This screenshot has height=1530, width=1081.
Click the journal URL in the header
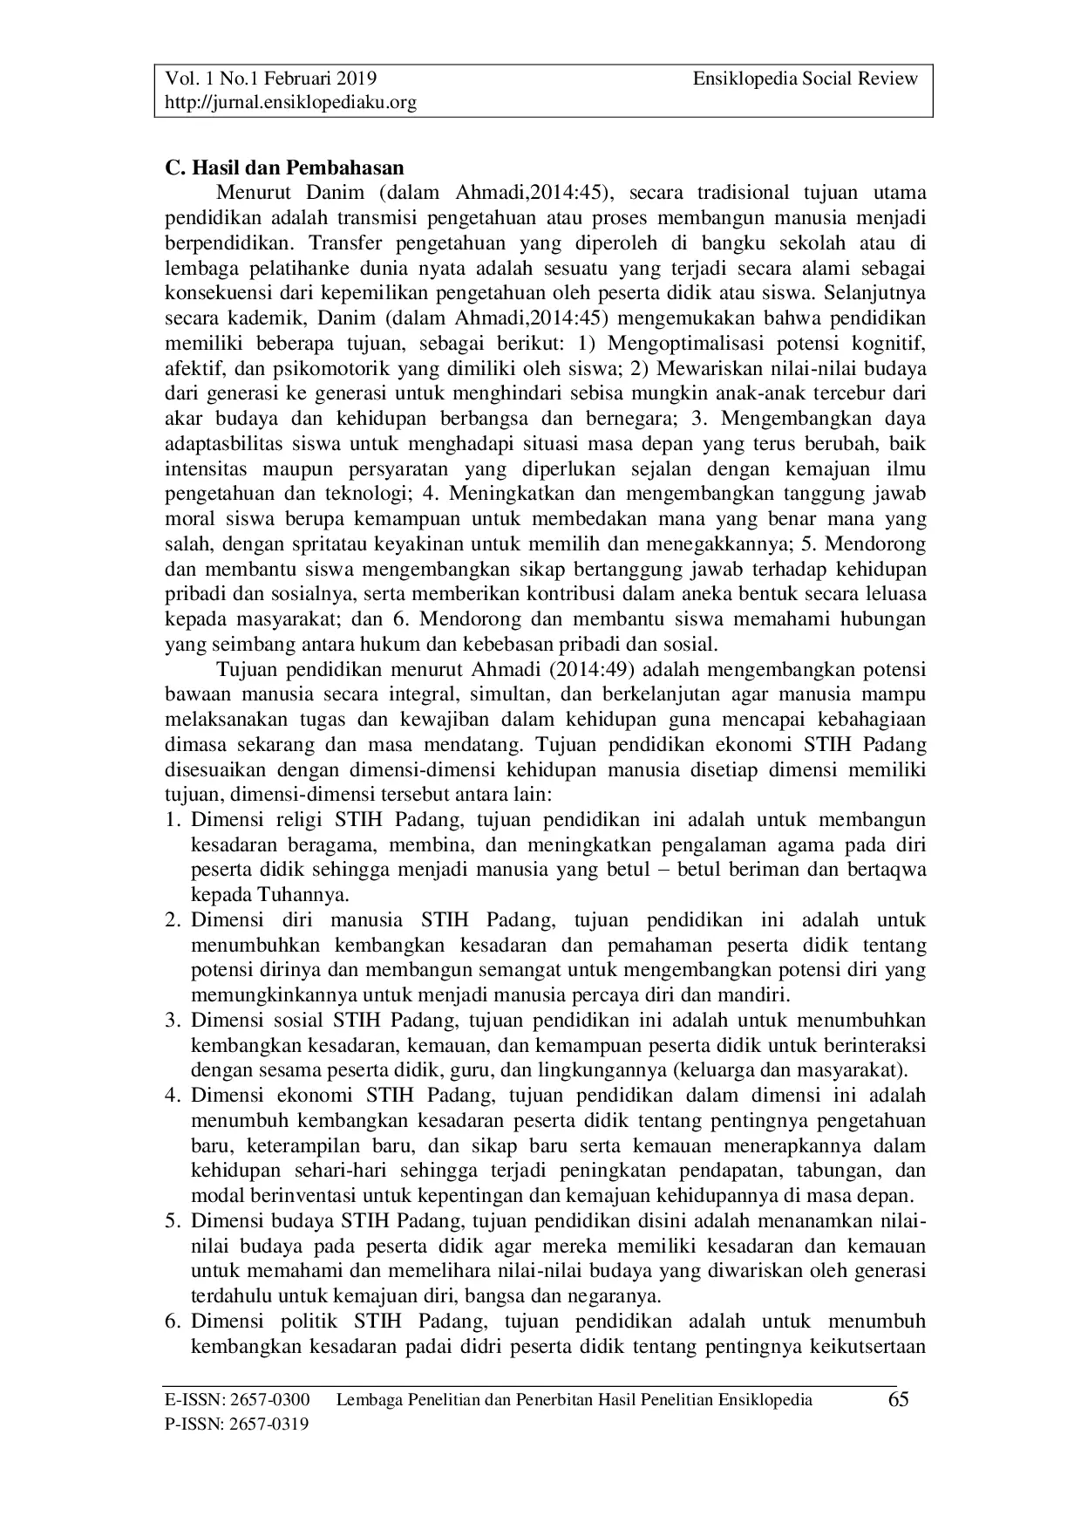[x=291, y=103]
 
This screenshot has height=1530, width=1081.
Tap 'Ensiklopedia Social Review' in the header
[x=806, y=79]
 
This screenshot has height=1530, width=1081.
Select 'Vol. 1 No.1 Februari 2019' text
[x=271, y=79]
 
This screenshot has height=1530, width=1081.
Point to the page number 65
[x=898, y=1400]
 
